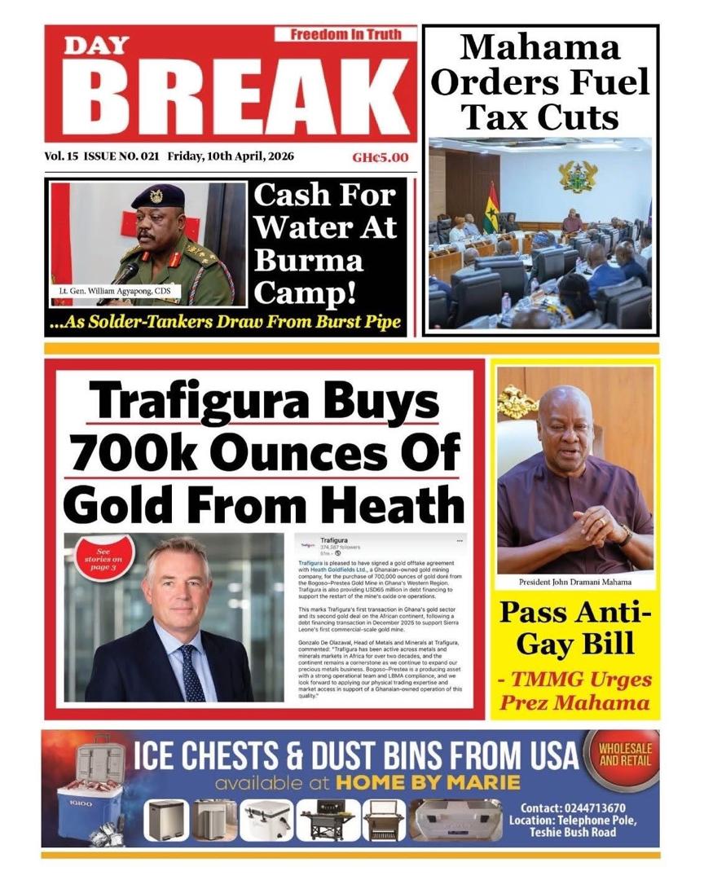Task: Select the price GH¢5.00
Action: coord(381,158)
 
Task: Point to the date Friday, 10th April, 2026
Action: coord(231,156)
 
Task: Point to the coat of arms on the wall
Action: coord(577,176)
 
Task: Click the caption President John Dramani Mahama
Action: coord(575,583)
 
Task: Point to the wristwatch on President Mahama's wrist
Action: coord(624,535)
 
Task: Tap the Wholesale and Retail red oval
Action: coord(624,754)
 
